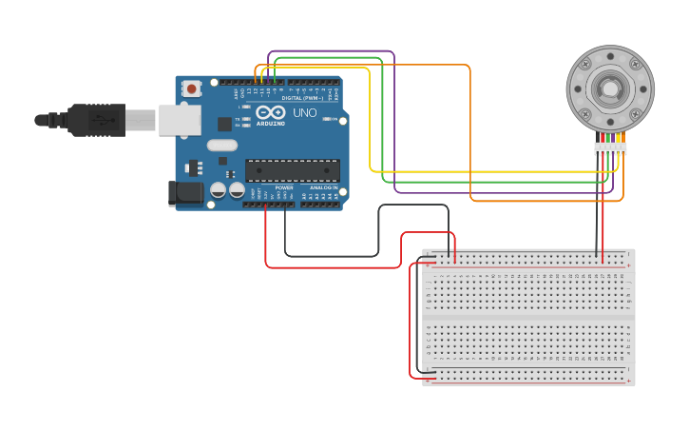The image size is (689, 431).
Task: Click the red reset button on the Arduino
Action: point(192,88)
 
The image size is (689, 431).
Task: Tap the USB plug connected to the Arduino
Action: point(95,121)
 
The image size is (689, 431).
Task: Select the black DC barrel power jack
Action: point(184,193)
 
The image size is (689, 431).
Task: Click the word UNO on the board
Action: point(304,113)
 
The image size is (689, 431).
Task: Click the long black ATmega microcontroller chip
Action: point(293,170)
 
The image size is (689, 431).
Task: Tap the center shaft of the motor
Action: point(608,89)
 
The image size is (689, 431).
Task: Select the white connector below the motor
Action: point(610,148)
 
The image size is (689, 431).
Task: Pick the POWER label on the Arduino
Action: point(283,187)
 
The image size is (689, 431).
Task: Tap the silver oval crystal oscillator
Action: point(220,146)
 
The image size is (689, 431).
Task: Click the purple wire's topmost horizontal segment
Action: point(331,51)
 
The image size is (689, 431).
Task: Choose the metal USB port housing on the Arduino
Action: point(180,120)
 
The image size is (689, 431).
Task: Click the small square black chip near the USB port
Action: point(224,124)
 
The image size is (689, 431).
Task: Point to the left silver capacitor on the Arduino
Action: point(218,190)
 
